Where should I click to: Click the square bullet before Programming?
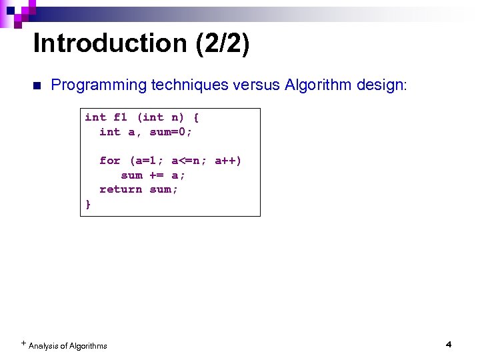tap(36, 86)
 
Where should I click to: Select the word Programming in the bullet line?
tap(98, 85)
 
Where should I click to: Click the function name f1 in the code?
tap(121, 117)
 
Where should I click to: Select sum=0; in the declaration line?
tap(171, 132)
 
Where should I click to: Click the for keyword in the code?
tap(110, 161)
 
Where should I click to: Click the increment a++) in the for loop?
tap(228, 161)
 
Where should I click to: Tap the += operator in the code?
tap(157, 175)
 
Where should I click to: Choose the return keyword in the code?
tap(121, 189)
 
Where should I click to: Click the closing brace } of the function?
tap(88, 204)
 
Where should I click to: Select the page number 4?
tap(448, 345)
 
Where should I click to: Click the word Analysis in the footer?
tap(43, 345)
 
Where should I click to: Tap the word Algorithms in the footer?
tap(87, 345)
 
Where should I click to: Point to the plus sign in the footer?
tap(23, 343)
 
